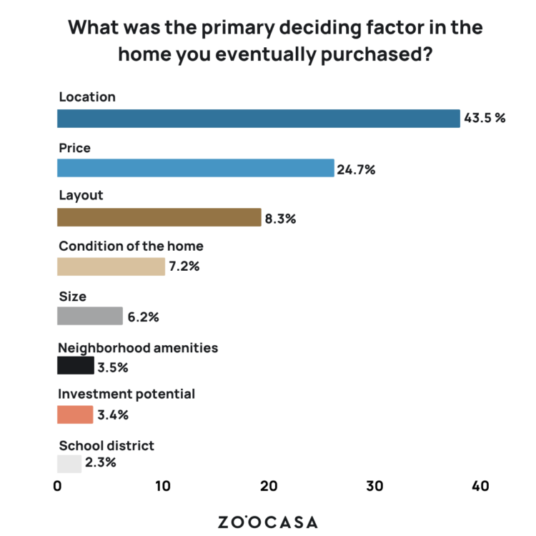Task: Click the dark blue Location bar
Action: (258, 119)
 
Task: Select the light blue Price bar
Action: (195, 168)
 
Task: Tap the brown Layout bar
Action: (159, 217)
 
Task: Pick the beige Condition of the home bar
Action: (111, 267)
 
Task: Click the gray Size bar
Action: (90, 316)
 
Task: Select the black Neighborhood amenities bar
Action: (75, 365)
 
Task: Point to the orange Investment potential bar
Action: (75, 415)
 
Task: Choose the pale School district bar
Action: (69, 464)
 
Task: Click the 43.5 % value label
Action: (485, 119)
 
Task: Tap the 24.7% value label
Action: (357, 169)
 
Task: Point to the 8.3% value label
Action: (280, 219)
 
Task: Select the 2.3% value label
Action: (100, 462)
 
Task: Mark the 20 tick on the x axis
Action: (269, 487)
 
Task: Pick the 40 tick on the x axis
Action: (480, 487)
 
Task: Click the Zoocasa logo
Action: (267, 522)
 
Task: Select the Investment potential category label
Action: (126, 394)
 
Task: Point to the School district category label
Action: (106, 445)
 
